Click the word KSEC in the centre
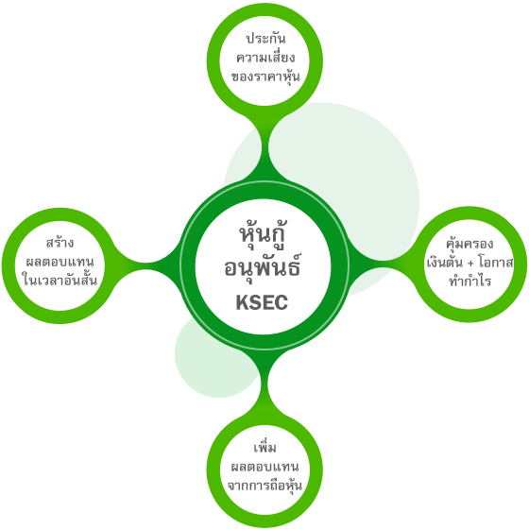[262, 302]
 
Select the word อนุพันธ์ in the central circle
[263, 266]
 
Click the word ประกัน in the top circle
[265, 39]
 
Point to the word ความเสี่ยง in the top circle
[265, 58]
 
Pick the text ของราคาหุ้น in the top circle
[265, 77]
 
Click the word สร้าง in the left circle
[60, 242]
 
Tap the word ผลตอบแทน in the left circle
[60, 262]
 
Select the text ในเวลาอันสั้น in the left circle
[60, 280]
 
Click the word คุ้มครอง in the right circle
[469, 244]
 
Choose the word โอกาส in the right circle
[496, 263]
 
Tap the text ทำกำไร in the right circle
[469, 281]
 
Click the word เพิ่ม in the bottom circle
[264, 448]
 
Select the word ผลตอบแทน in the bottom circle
[264, 467]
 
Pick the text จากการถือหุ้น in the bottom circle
[264, 486]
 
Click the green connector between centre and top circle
[264, 148]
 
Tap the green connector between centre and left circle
[146, 264]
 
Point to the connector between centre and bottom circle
[264, 382]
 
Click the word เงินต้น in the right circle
[444, 262]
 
